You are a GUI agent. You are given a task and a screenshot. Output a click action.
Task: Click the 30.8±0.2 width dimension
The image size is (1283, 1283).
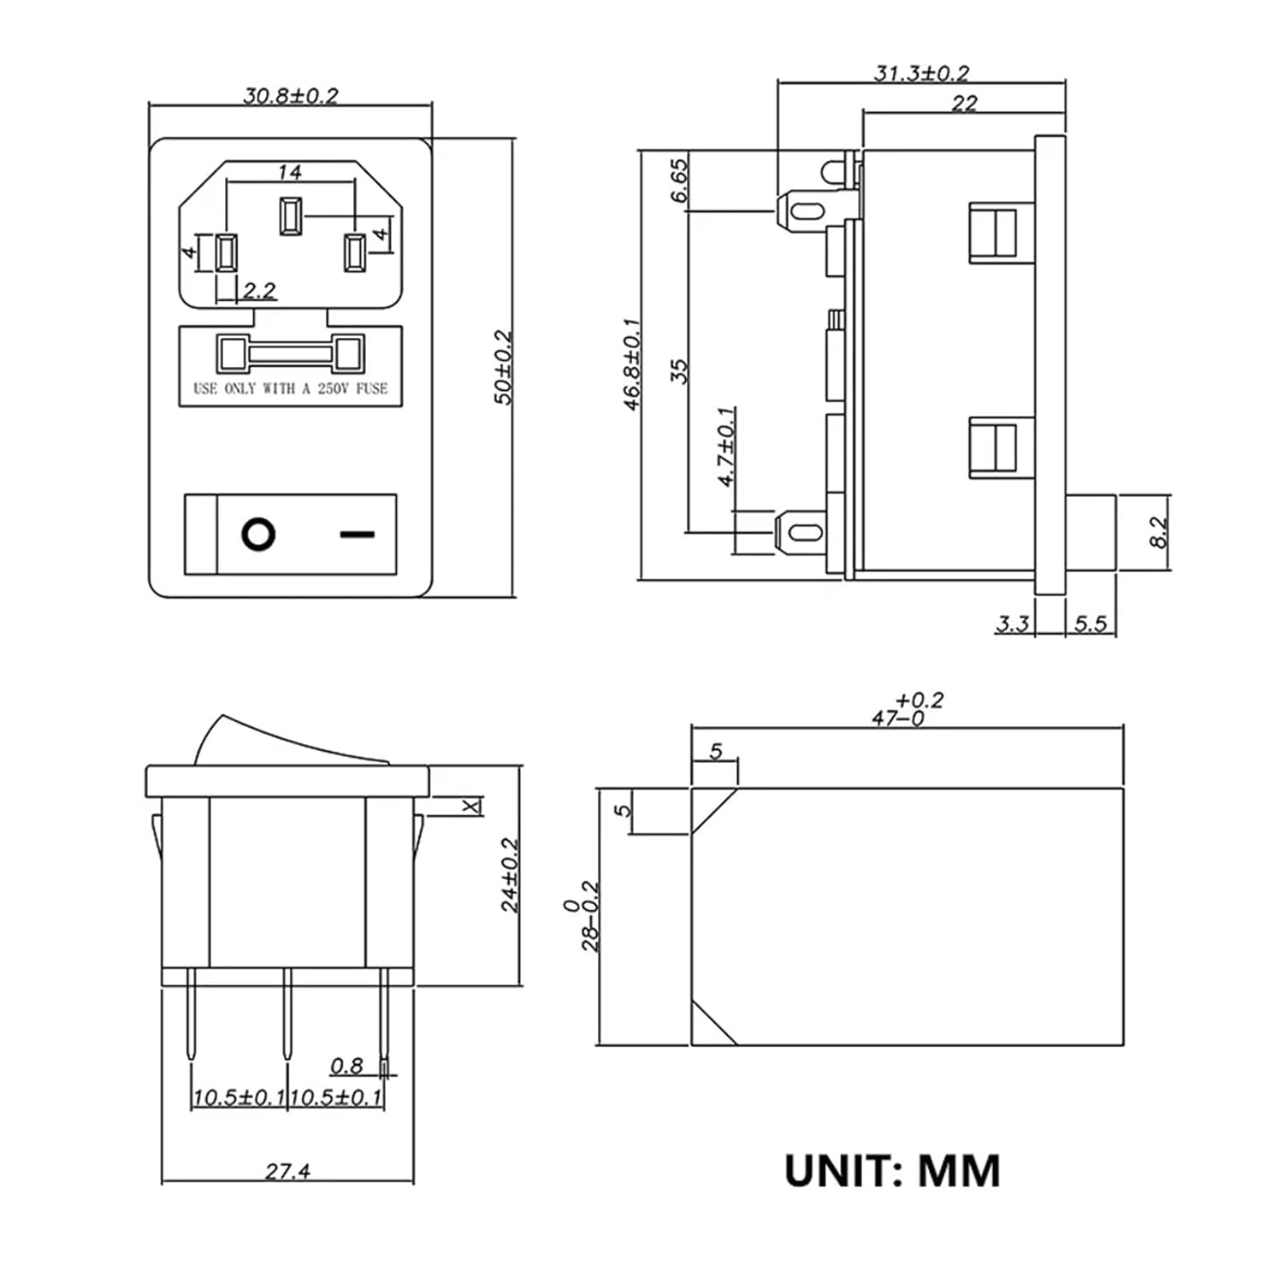(x=291, y=95)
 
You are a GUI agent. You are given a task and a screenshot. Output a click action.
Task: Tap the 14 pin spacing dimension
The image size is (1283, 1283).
(x=290, y=172)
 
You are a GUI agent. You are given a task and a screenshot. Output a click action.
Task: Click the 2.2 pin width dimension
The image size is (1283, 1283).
(x=258, y=291)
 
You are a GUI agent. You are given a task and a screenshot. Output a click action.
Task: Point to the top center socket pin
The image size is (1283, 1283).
(x=290, y=216)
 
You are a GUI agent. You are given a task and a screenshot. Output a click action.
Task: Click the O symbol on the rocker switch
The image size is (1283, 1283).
(x=258, y=535)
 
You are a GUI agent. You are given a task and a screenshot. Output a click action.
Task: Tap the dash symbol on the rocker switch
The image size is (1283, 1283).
(x=357, y=535)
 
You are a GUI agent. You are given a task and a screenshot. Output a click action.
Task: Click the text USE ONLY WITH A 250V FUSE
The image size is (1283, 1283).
(x=290, y=388)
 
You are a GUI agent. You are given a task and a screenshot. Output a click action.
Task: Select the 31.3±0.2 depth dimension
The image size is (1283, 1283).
(x=921, y=74)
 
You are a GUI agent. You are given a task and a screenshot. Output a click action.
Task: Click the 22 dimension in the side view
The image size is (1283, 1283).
(x=964, y=103)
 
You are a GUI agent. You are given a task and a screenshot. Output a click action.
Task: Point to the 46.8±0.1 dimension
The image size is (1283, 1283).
(x=632, y=364)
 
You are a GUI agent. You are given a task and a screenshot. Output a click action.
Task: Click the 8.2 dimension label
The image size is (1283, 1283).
(x=1158, y=532)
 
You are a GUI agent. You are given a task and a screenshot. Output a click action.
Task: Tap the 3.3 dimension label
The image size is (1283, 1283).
(x=1012, y=624)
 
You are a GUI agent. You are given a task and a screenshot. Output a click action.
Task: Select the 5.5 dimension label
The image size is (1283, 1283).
(x=1091, y=624)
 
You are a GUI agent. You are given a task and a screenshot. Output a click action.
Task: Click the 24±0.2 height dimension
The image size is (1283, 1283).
(x=510, y=874)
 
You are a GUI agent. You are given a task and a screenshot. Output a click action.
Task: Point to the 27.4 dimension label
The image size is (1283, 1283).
(x=287, y=1171)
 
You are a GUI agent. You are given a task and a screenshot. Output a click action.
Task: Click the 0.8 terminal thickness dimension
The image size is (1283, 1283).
(x=346, y=1066)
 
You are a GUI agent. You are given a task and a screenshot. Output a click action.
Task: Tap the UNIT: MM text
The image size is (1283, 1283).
(x=892, y=1171)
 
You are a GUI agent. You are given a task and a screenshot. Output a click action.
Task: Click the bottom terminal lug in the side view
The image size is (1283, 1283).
(x=801, y=533)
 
